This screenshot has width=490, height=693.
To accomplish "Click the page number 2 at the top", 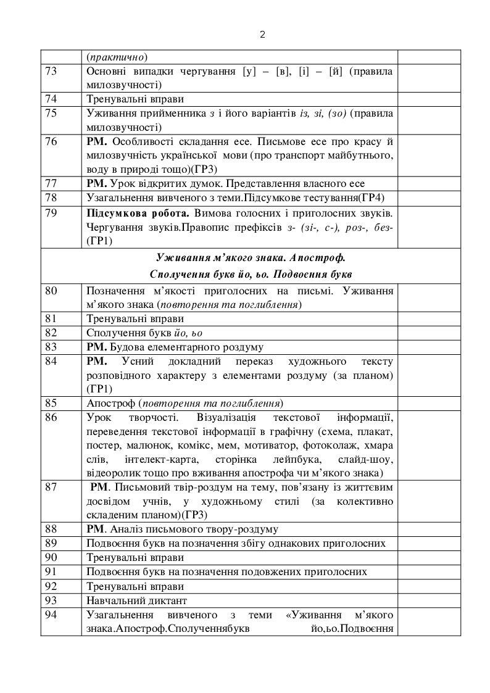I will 262,35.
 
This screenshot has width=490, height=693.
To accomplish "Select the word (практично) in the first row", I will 117,57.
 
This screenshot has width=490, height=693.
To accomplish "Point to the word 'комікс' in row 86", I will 225,446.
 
